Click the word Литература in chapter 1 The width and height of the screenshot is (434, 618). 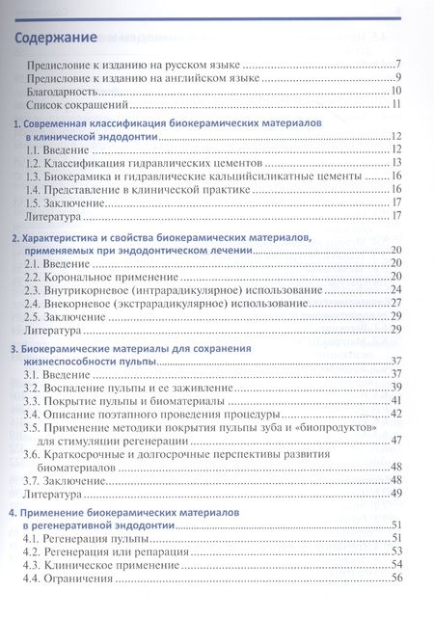[54, 218]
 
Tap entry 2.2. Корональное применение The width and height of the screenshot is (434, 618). [101, 277]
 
